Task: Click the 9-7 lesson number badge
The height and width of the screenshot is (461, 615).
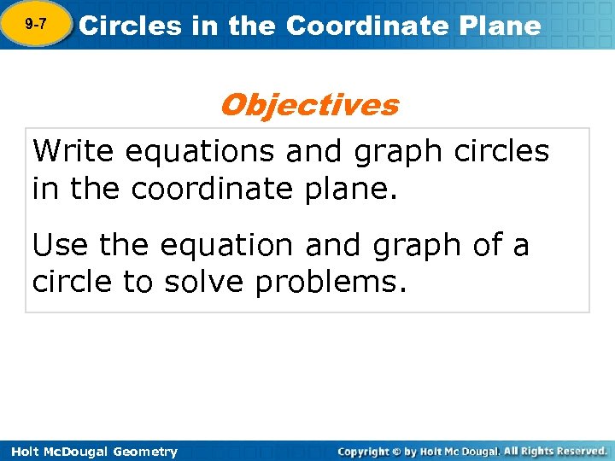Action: click(x=36, y=25)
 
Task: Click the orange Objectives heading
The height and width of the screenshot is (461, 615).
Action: click(x=308, y=105)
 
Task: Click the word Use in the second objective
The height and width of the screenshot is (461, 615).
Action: click(x=61, y=246)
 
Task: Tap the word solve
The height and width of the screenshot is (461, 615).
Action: click(x=202, y=283)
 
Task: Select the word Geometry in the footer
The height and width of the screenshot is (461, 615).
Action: click(x=146, y=452)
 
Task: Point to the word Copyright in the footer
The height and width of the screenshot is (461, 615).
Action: click(x=364, y=451)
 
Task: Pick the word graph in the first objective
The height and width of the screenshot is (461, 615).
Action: click(x=393, y=153)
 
